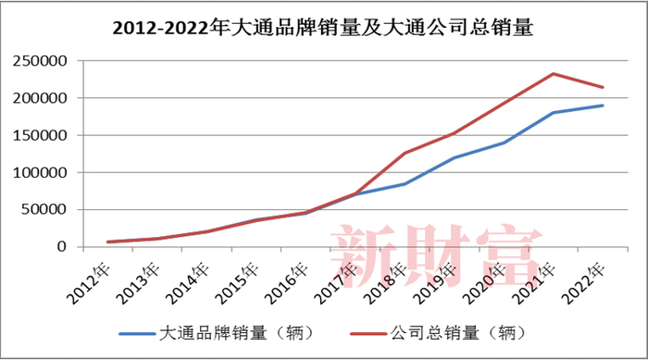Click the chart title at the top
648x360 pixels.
click(x=323, y=27)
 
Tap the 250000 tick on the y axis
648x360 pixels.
click(x=42, y=61)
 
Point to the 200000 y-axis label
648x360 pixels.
click(x=42, y=98)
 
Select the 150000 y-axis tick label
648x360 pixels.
click(x=42, y=135)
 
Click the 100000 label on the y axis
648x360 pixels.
click(x=42, y=172)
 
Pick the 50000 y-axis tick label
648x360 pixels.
click(x=45, y=209)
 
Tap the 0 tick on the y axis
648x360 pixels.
click(x=63, y=247)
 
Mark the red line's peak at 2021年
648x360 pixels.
click(x=553, y=74)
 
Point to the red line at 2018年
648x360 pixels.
click(x=405, y=153)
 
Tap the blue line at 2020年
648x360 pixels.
click(x=505, y=143)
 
